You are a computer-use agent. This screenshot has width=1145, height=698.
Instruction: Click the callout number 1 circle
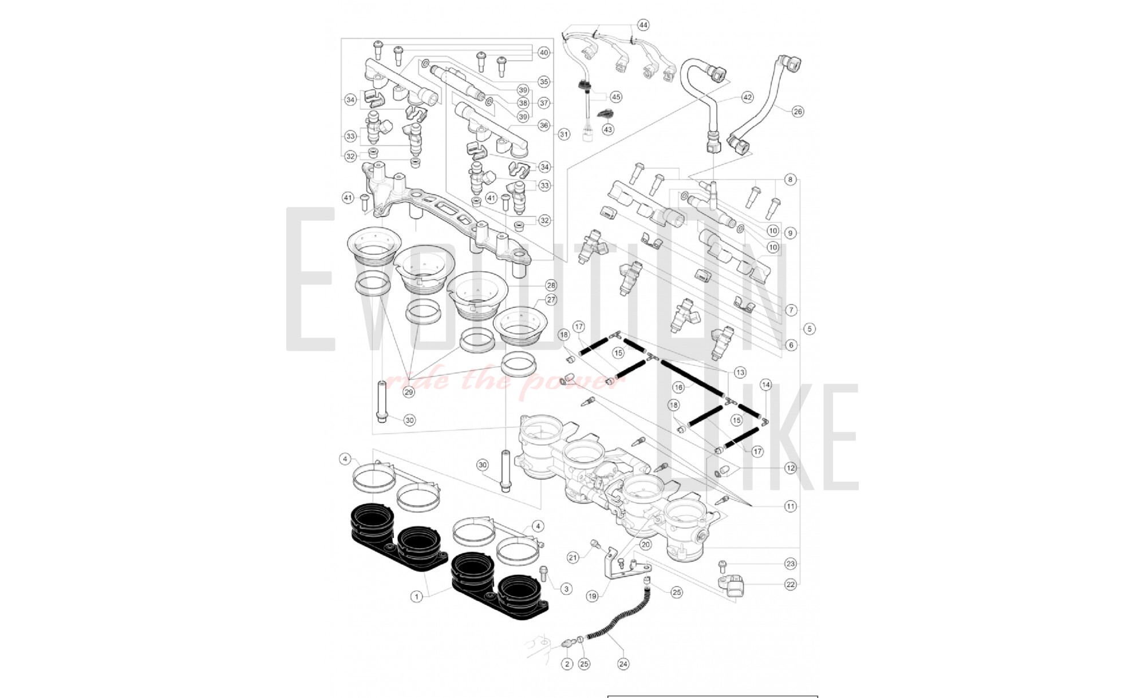(x=417, y=597)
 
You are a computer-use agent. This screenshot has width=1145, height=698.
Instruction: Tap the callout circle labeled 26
(x=797, y=112)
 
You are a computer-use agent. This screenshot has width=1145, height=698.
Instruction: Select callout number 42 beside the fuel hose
(x=747, y=97)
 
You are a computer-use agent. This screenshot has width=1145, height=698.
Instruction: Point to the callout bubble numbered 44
(x=643, y=25)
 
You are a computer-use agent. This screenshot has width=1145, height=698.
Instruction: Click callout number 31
(x=564, y=134)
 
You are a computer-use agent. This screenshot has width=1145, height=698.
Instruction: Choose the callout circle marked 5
(x=809, y=329)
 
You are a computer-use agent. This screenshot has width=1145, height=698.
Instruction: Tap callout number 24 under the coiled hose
(x=623, y=664)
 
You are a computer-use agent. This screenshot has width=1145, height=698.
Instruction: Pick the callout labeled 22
(x=791, y=585)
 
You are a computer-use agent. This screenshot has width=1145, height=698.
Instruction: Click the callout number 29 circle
(x=409, y=392)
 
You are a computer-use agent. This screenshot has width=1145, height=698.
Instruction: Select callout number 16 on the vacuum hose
(x=678, y=387)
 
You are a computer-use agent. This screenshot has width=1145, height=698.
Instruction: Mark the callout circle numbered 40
(x=543, y=53)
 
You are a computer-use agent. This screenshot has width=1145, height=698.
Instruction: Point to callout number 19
(x=592, y=596)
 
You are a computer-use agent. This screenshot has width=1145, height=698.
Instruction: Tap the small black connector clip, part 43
(x=603, y=114)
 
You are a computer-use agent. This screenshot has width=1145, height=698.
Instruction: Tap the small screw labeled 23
(x=723, y=566)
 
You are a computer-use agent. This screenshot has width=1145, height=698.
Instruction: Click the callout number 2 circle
(x=567, y=664)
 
